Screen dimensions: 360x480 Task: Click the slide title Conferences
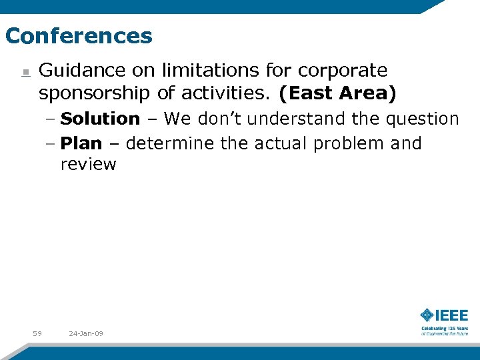coord(79,35)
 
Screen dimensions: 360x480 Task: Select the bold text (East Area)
coord(337,94)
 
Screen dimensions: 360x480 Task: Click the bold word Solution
coord(100,119)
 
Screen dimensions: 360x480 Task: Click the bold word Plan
coord(81,143)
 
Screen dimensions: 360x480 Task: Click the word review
coord(88,165)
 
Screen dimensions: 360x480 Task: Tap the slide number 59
coord(37,333)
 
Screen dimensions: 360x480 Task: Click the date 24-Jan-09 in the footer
coord(85,333)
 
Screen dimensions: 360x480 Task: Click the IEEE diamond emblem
coord(427,315)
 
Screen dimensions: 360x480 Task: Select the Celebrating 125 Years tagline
coord(444,330)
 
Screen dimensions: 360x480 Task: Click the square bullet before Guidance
coord(24,72)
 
